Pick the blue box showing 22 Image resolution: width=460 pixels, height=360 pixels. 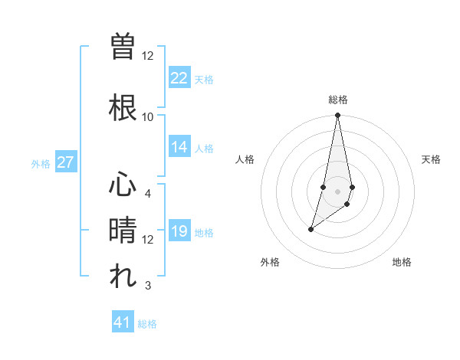(x=179, y=78)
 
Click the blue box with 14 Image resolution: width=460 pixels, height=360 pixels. (x=179, y=147)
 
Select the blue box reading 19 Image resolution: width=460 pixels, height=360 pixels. (x=179, y=231)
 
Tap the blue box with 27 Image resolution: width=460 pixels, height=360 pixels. (x=65, y=162)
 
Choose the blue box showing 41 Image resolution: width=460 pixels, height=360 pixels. (x=123, y=322)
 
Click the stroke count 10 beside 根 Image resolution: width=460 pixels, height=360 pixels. (x=148, y=116)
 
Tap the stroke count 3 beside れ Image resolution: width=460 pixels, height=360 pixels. (x=148, y=286)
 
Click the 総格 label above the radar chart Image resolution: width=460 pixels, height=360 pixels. (x=338, y=100)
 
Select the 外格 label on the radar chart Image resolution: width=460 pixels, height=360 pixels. (x=270, y=262)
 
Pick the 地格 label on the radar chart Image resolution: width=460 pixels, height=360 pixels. (x=402, y=262)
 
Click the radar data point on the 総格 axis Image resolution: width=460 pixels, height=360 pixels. (x=338, y=116)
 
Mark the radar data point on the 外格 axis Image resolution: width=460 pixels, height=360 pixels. (x=310, y=229)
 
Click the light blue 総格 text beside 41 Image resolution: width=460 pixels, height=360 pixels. (x=147, y=324)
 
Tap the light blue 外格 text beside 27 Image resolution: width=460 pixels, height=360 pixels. (x=41, y=164)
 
